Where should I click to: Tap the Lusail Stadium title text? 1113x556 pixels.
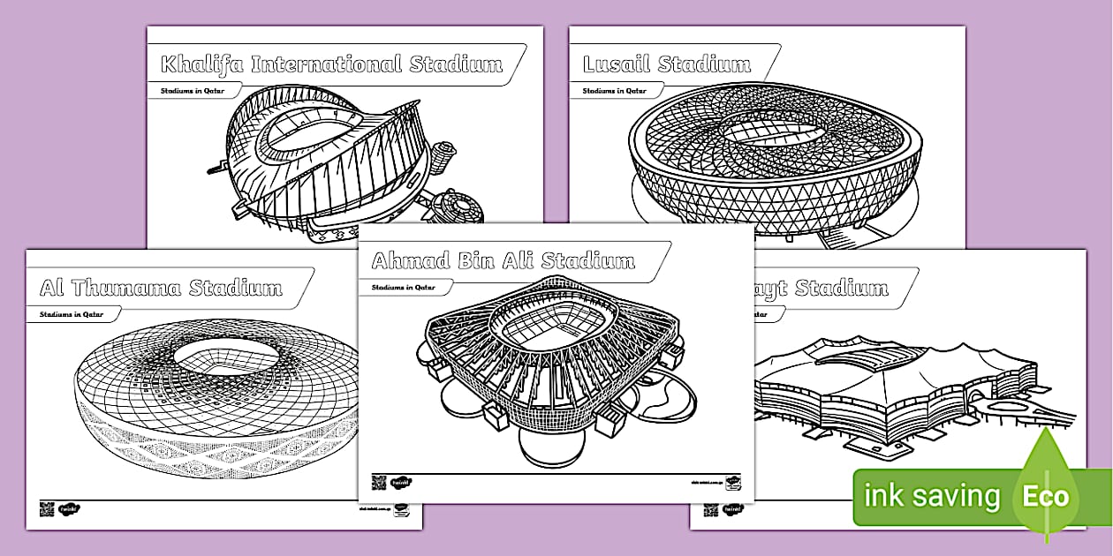click(x=667, y=64)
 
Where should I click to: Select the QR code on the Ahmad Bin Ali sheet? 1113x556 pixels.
click(x=379, y=482)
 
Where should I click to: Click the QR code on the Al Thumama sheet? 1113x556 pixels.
click(x=47, y=508)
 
